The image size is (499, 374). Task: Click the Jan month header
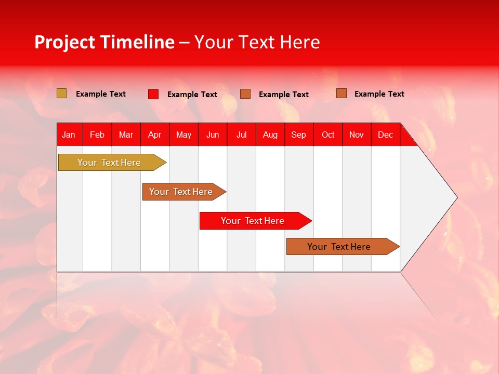click(x=69, y=135)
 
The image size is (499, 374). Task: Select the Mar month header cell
click(x=126, y=135)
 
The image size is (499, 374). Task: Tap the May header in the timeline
click(x=183, y=135)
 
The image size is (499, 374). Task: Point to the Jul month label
click(x=241, y=135)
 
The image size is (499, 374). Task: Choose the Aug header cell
click(x=270, y=135)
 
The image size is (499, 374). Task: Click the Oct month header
click(x=328, y=135)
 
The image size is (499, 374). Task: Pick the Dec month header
click(x=385, y=135)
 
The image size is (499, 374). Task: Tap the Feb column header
click(x=97, y=135)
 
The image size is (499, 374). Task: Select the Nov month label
click(x=357, y=135)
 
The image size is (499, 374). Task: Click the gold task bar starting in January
click(x=109, y=163)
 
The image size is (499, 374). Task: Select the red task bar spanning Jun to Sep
click(x=253, y=221)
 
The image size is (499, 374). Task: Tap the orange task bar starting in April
click(x=181, y=192)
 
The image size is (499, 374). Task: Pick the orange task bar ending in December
click(x=339, y=247)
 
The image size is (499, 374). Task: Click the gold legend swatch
click(x=61, y=94)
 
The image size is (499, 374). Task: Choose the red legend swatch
click(x=153, y=94)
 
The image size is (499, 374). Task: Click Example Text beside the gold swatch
click(x=101, y=94)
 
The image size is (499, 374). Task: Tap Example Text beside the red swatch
click(x=192, y=95)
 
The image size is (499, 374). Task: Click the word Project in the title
click(x=65, y=42)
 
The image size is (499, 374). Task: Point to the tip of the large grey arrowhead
click(x=456, y=197)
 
